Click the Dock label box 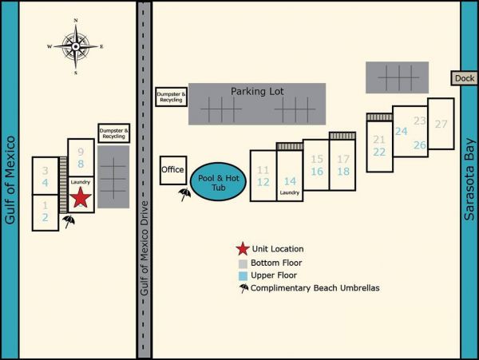(465, 78)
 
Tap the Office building (173, 170)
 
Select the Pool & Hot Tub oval (218, 182)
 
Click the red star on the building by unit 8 (81, 197)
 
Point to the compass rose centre (76, 46)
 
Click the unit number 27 (441, 124)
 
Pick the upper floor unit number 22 (379, 152)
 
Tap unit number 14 (291, 181)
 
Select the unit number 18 (343, 172)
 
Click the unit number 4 (46, 183)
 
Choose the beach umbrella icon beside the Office (184, 194)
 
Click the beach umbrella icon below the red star (69, 221)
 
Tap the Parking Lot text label (257, 91)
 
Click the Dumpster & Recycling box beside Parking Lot (171, 97)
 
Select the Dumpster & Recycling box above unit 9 (114, 133)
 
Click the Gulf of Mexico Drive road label (144, 248)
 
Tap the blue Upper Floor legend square (243, 276)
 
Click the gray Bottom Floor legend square (243, 264)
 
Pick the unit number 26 (420, 145)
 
